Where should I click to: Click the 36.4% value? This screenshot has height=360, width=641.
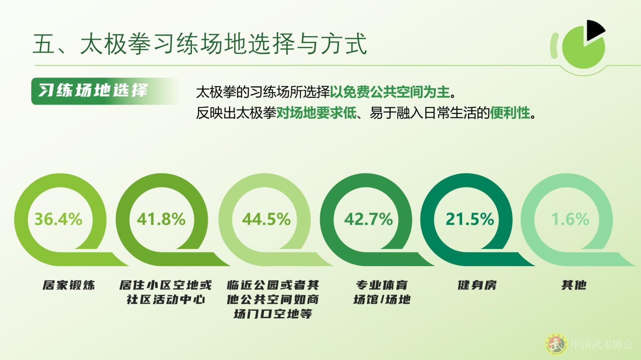(58, 219)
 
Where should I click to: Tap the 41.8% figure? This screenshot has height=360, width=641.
(161, 219)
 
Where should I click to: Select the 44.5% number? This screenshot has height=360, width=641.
(266, 219)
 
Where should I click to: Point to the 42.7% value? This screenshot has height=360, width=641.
(369, 219)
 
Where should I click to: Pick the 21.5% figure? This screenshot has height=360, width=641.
(470, 219)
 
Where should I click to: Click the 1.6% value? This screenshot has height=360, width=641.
(570, 219)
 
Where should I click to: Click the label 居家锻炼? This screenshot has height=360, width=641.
(69, 285)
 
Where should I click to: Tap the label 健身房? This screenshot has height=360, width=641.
(477, 285)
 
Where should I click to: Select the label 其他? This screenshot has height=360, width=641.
(574, 285)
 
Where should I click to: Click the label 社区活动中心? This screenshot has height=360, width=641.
(166, 300)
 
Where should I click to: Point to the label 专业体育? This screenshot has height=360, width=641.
(382, 285)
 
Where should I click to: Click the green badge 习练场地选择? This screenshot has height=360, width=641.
(105, 91)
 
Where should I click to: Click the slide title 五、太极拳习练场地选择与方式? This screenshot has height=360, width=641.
(200, 44)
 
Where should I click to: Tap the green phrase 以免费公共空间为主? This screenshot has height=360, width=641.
(390, 92)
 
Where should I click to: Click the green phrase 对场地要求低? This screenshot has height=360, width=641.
(316, 113)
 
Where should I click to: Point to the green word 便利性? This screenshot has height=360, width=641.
(510, 113)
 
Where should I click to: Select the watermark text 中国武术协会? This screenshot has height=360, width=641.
(602, 344)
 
